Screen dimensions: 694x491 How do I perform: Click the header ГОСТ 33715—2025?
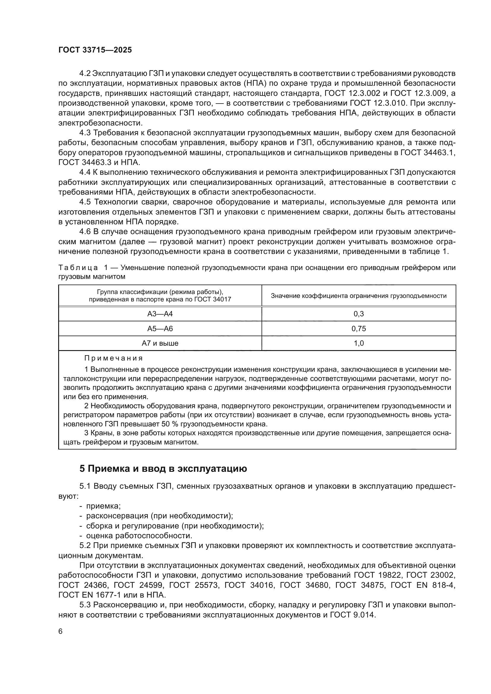pyautogui.click(x=95, y=50)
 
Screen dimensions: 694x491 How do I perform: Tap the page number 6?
pyautogui.click(x=61, y=631)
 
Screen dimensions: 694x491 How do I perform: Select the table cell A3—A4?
pyautogui.click(x=160, y=314)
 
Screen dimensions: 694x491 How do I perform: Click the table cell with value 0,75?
pyautogui.click(x=359, y=328)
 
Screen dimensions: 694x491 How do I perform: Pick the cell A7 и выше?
pyautogui.click(x=160, y=343)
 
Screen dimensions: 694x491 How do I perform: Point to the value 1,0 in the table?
pyautogui.click(x=359, y=343)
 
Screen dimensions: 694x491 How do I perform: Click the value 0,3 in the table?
pyautogui.click(x=359, y=314)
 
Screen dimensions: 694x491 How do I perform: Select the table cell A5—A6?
pyautogui.click(x=160, y=328)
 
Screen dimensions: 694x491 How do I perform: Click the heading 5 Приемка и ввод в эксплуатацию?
pyautogui.click(x=163, y=469)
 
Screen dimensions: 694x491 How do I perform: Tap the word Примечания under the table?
pyautogui.click(x=113, y=358)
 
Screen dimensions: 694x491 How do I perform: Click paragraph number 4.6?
pyautogui.click(x=85, y=232)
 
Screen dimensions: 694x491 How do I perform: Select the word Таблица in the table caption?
pyautogui.click(x=78, y=268)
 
